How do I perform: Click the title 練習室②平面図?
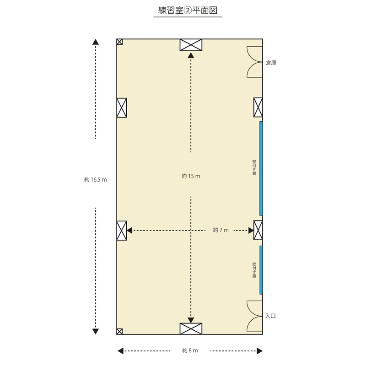(188, 11)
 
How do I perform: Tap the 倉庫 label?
(271, 63)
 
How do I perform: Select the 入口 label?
(270, 316)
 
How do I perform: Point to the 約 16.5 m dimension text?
(96, 179)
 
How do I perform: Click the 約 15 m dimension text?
(191, 176)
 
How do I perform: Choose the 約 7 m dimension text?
(221, 230)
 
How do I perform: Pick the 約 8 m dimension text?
(190, 350)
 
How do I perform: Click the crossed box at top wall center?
(191, 45)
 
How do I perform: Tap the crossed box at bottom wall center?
(191, 328)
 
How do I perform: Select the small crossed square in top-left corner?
(119, 42)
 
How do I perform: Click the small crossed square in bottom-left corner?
(119, 331)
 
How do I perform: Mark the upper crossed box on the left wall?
(122, 108)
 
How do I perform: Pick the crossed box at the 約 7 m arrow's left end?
(122, 231)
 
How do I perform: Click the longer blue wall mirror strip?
(261, 168)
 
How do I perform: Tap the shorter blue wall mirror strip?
(261, 270)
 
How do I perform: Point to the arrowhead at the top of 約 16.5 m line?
(96, 42)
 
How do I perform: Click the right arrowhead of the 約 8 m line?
(259, 351)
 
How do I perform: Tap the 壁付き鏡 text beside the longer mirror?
(254, 167)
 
